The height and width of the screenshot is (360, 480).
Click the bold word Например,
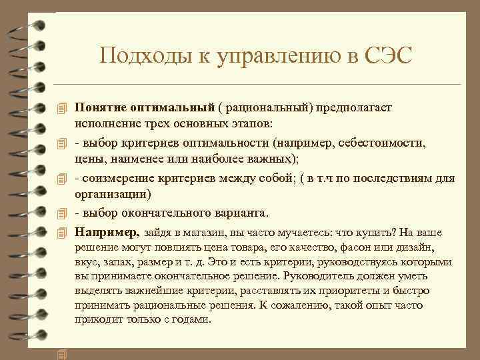coord(107,232)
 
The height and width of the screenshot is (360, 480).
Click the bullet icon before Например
coord(63,232)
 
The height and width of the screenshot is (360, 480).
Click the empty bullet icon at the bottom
coord(63,354)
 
